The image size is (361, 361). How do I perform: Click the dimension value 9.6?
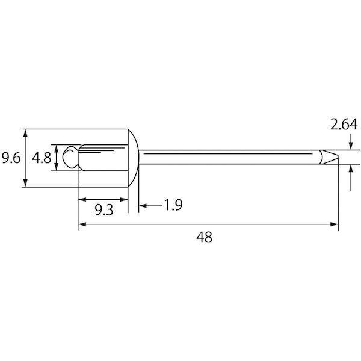[x=11, y=158]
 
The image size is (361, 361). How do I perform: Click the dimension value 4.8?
[x=42, y=158]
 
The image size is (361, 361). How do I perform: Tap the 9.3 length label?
[x=104, y=210]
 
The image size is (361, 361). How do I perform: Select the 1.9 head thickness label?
[x=173, y=205]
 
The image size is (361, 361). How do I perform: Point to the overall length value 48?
[x=204, y=237]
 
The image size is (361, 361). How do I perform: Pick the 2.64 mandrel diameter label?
[x=344, y=125]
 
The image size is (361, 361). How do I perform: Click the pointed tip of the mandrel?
[x=338, y=156]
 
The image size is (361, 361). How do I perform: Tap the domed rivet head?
[x=134, y=158]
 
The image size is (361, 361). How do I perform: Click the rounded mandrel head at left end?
[x=70, y=157]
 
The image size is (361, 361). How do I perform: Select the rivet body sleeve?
[x=103, y=158]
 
